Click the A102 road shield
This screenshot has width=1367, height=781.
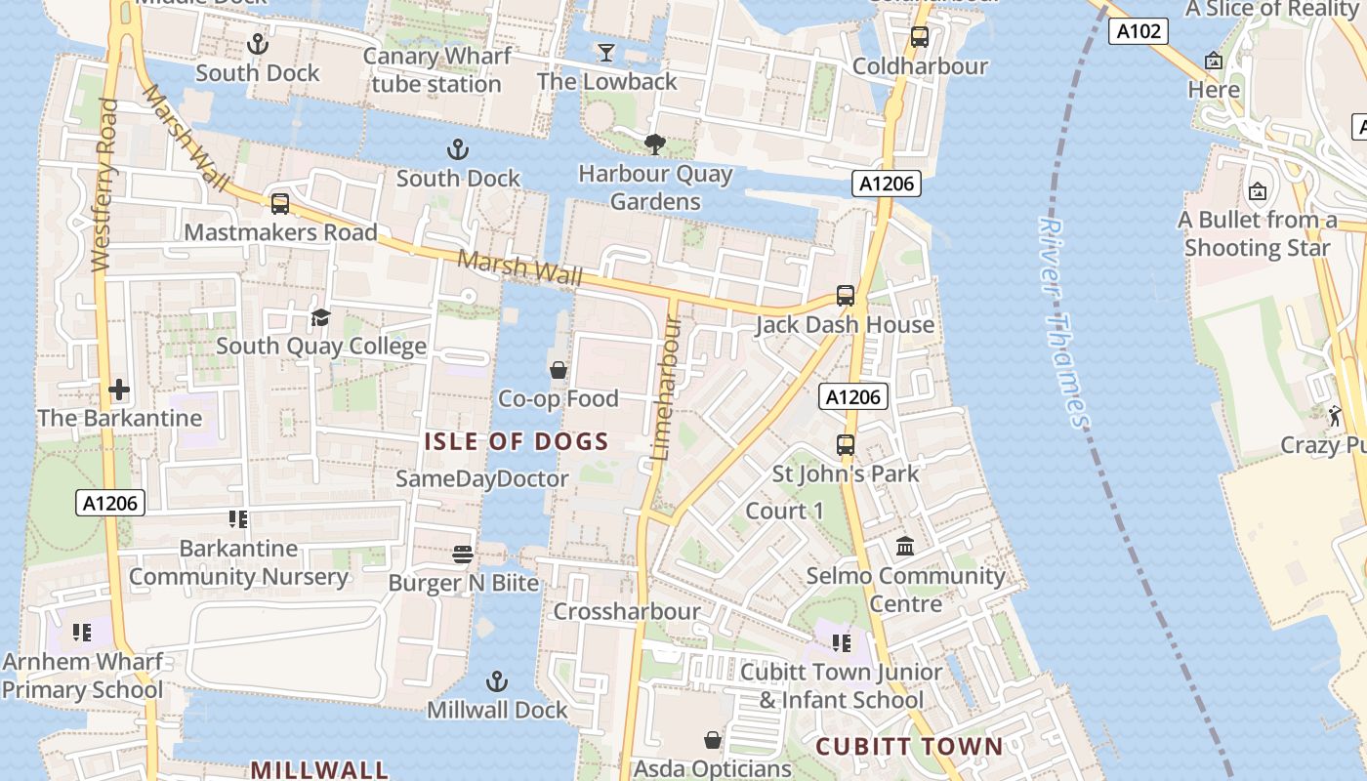point(1139,31)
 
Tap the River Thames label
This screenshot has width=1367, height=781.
point(1063,322)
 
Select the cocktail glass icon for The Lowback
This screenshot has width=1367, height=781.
point(606,52)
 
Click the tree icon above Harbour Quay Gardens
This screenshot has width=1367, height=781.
point(655,144)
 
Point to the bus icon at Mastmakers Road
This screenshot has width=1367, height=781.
point(280,203)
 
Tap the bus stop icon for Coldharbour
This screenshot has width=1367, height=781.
point(919,37)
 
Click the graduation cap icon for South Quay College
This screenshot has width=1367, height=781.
point(320,317)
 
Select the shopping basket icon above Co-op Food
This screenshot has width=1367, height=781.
point(559,370)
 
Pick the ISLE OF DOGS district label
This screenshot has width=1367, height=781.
point(517,441)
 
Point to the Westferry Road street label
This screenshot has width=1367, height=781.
point(104,185)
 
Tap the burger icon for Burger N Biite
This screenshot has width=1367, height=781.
point(463,555)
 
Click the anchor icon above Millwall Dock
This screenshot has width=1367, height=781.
point(497,680)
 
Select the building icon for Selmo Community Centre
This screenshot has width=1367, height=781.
point(905,546)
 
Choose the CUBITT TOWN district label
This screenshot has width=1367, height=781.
point(909,747)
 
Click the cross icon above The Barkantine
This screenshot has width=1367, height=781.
point(119,390)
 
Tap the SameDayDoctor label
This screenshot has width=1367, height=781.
point(481,478)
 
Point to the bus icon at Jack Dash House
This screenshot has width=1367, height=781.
point(846,295)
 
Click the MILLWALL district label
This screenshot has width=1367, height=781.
point(319,769)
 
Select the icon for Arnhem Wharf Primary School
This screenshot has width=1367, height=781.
point(82,633)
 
